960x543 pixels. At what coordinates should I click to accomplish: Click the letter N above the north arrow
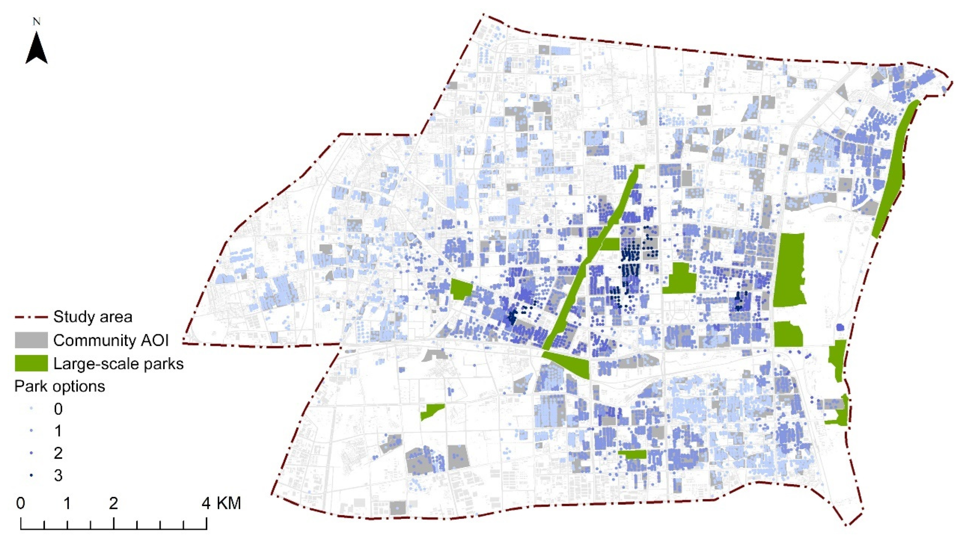37,22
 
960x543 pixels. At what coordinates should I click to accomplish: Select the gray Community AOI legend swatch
31,340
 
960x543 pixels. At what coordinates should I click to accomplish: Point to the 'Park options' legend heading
60,386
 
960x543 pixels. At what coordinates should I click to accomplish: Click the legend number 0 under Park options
58,409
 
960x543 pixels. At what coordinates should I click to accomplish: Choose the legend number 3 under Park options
58,476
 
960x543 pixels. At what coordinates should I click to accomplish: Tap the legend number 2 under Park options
58,453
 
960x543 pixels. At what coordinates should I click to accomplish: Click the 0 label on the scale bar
21,504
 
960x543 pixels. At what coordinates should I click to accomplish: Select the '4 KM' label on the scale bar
223,504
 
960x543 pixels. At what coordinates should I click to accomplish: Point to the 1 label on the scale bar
67,504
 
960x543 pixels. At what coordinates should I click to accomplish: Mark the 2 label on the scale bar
114,504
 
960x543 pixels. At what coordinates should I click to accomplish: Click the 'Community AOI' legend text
111,340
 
